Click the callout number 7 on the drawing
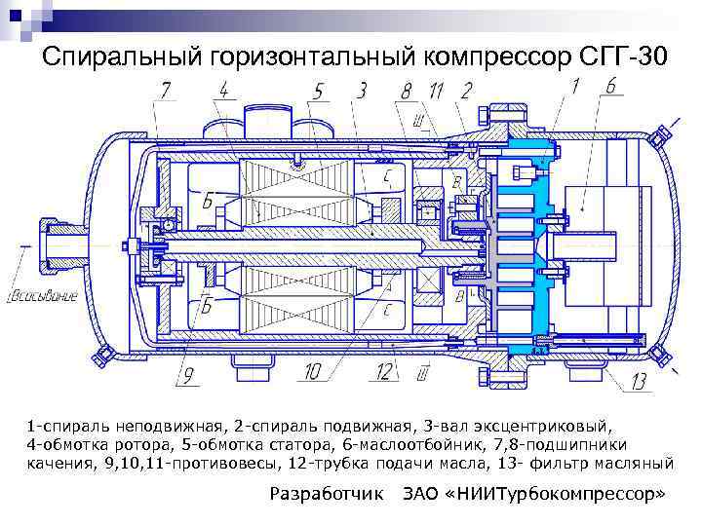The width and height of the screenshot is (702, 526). [166, 91]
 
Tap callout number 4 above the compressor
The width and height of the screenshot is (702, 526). [223, 91]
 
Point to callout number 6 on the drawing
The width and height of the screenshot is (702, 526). [611, 87]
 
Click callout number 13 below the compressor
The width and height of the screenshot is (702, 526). [640, 381]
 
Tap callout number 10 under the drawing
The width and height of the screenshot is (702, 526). [313, 371]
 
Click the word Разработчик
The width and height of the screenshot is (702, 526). [326, 494]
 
